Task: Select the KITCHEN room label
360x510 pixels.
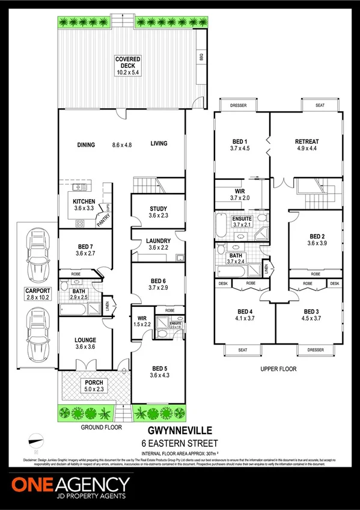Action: (x=84, y=201)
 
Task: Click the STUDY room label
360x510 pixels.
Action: (x=158, y=209)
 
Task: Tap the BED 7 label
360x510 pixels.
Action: (x=84, y=246)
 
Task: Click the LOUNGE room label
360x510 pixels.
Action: (x=85, y=340)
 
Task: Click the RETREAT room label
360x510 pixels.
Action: (x=307, y=142)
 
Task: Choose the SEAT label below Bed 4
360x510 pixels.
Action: (x=243, y=349)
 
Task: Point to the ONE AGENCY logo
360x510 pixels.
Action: (x=70, y=485)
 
